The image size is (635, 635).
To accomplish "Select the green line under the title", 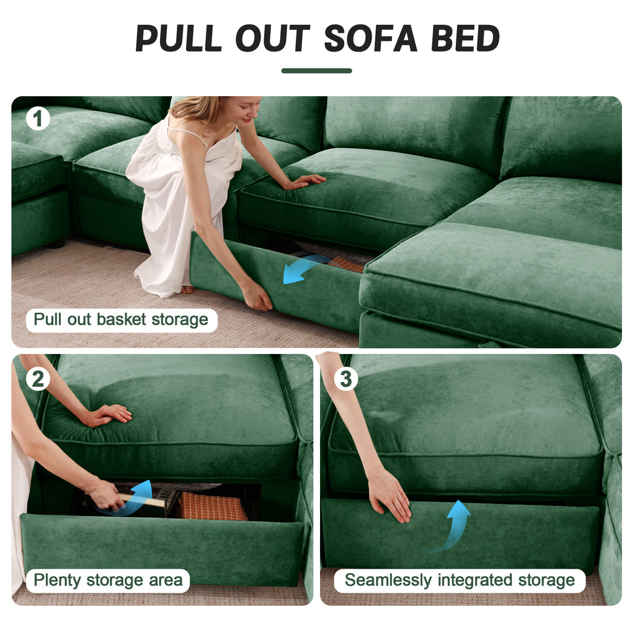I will [316, 71].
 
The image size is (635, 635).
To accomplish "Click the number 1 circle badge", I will [38, 118].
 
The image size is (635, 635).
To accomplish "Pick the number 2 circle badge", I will [38, 378].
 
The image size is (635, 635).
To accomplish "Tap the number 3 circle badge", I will [346, 378].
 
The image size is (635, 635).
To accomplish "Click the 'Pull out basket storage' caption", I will [121, 320].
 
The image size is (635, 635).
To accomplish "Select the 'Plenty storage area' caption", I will [108, 580].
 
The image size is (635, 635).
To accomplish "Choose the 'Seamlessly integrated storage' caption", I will [460, 580].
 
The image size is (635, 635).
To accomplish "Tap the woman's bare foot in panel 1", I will [186, 289].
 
